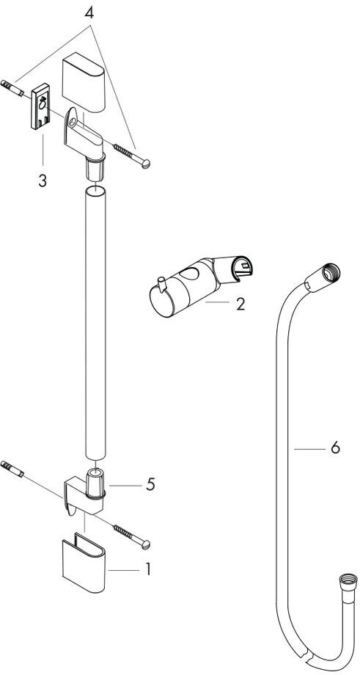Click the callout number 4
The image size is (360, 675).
pyautogui.click(x=89, y=13)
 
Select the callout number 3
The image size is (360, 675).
pyautogui.click(x=42, y=180)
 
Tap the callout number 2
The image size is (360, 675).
pyautogui.click(x=240, y=304)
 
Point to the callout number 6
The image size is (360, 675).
pyautogui.click(x=336, y=448)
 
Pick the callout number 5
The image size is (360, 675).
pyautogui.click(x=150, y=485)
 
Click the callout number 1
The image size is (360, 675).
pyautogui.click(x=148, y=569)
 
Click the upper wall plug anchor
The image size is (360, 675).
pyautogui.click(x=12, y=88)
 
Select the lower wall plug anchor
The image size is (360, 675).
pyautogui.click(x=12, y=468)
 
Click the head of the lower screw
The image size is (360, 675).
pyautogui.click(x=146, y=544)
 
